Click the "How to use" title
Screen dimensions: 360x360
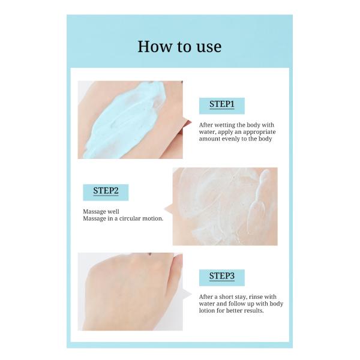(x=179, y=47)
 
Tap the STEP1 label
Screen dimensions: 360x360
(x=222, y=104)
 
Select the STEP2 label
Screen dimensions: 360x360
(x=106, y=191)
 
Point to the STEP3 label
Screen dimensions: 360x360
(x=222, y=276)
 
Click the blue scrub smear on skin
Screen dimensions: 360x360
(x=125, y=121)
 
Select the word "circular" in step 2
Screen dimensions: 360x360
(x=128, y=218)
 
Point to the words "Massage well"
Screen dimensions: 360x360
(x=101, y=211)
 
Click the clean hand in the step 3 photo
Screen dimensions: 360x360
(x=132, y=292)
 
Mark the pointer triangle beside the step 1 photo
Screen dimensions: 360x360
(x=187, y=122)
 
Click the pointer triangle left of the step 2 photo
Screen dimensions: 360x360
(x=169, y=209)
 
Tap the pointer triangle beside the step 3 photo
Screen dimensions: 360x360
(x=187, y=294)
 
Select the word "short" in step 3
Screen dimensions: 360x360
(x=228, y=296)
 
